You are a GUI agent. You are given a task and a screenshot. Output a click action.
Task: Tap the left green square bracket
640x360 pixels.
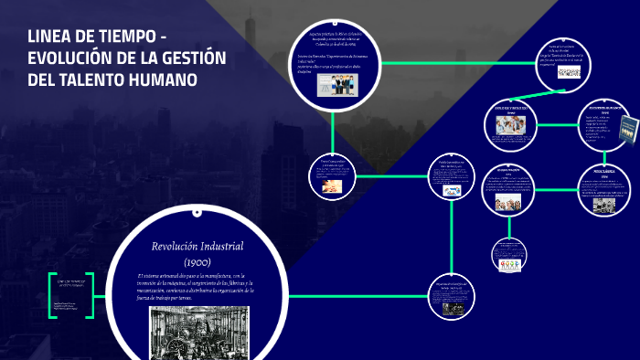52,294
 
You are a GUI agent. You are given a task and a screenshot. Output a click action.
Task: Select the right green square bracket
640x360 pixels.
89,294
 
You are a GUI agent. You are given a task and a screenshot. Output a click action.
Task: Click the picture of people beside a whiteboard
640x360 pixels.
336,85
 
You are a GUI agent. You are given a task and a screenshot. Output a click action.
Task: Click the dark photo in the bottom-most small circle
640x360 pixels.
452,308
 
